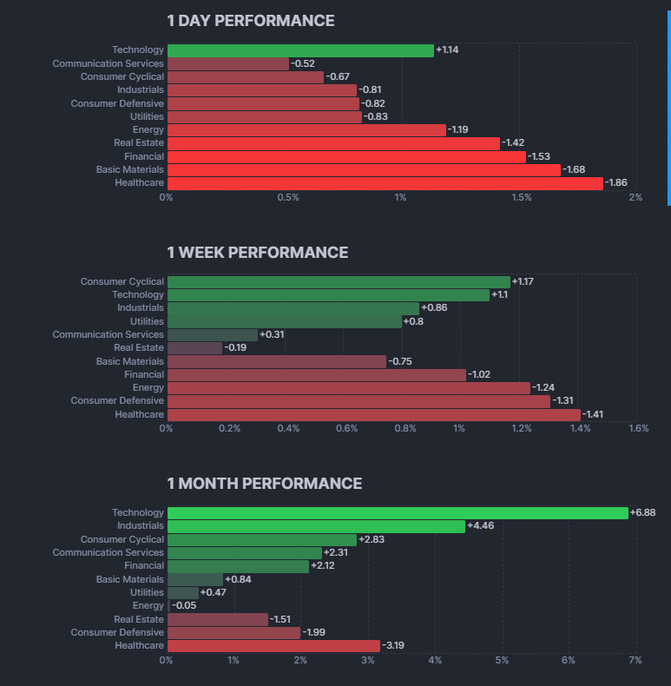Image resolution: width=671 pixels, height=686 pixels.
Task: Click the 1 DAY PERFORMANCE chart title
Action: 250,21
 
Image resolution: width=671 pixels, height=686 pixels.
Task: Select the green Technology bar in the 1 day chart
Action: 299,50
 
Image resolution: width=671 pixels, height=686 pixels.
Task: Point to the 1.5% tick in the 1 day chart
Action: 521,197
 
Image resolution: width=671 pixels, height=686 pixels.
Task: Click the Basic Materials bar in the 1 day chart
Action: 364,170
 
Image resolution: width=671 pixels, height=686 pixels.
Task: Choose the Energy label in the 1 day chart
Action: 148,130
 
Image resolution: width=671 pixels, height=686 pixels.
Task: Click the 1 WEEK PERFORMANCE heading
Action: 257,253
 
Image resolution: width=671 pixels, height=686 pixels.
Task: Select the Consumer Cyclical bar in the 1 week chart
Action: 339,282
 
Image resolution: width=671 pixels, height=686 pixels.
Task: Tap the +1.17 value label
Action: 523,282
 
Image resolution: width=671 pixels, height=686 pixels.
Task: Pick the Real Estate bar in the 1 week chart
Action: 194,348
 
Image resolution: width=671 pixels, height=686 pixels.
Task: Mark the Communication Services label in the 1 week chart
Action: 108,335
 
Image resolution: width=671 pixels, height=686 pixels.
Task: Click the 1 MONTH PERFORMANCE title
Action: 264,484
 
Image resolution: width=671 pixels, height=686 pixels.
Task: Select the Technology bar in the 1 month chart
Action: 398,513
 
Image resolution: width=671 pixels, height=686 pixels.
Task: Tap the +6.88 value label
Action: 642,513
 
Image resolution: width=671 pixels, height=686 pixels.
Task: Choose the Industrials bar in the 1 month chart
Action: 316,526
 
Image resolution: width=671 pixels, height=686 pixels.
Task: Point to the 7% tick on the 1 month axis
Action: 635,661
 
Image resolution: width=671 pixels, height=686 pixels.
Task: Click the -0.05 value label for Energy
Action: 183,606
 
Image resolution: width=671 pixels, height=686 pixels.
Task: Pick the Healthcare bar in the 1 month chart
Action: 273,646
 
